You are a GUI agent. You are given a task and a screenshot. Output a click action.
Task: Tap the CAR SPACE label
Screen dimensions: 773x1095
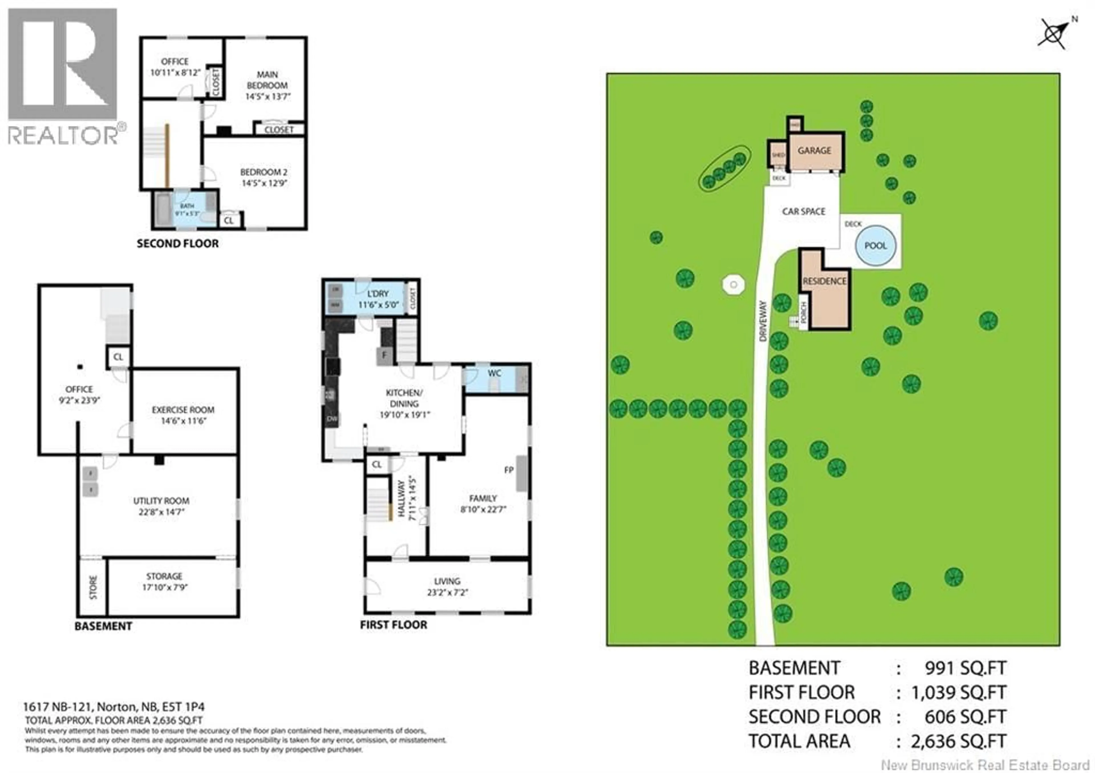[x=804, y=211]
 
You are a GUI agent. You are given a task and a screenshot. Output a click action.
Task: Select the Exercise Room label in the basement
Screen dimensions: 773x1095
[x=183, y=410]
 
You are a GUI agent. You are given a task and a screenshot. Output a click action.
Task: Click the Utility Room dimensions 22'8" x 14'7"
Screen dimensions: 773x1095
[x=161, y=512]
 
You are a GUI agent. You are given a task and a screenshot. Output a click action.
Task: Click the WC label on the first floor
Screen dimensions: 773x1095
[x=494, y=374]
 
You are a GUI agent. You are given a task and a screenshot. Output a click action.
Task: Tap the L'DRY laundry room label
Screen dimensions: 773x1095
[x=378, y=294]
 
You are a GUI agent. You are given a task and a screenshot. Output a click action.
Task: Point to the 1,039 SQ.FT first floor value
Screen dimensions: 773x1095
[x=959, y=692]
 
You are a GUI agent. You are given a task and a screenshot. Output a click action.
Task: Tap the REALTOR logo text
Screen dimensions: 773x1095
[x=63, y=135]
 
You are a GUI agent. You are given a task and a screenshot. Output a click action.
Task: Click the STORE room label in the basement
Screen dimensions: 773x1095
[x=93, y=587]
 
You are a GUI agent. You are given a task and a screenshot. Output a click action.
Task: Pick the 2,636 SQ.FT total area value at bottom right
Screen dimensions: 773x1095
[x=959, y=742]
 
